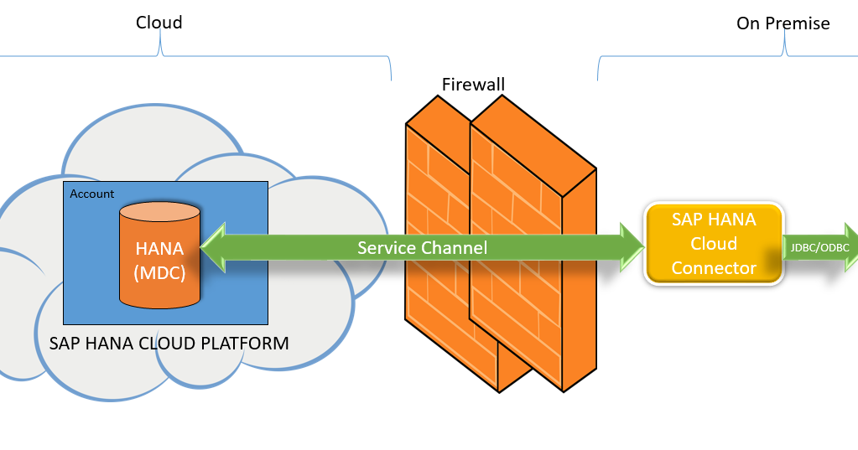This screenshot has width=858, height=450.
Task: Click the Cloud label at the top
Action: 159,23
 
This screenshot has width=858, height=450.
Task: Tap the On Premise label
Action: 783,23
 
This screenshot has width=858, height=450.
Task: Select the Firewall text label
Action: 473,85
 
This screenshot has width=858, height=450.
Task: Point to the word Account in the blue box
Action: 91,194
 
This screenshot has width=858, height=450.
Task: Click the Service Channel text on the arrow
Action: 422,248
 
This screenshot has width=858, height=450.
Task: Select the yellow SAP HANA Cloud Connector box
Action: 714,244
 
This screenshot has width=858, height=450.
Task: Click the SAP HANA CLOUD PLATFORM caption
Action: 169,344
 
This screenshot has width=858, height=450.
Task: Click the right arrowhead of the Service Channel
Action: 631,248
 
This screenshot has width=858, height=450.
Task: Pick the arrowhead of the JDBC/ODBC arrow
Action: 850,247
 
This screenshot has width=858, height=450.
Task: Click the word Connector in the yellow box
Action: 714,268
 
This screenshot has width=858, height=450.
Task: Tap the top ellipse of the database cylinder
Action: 159,212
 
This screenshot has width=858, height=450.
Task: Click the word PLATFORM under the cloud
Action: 249,344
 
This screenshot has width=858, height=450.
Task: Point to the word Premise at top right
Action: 797,23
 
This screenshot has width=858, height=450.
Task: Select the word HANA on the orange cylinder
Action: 159,250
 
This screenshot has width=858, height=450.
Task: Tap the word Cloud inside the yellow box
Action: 714,244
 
